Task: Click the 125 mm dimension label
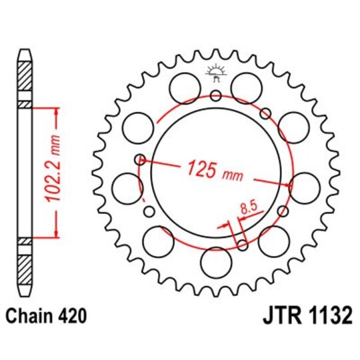215,171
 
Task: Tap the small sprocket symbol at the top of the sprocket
215,72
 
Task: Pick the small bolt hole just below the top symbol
215,96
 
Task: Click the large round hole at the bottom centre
215,261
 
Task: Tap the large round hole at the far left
126,187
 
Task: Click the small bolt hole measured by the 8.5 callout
242,245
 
